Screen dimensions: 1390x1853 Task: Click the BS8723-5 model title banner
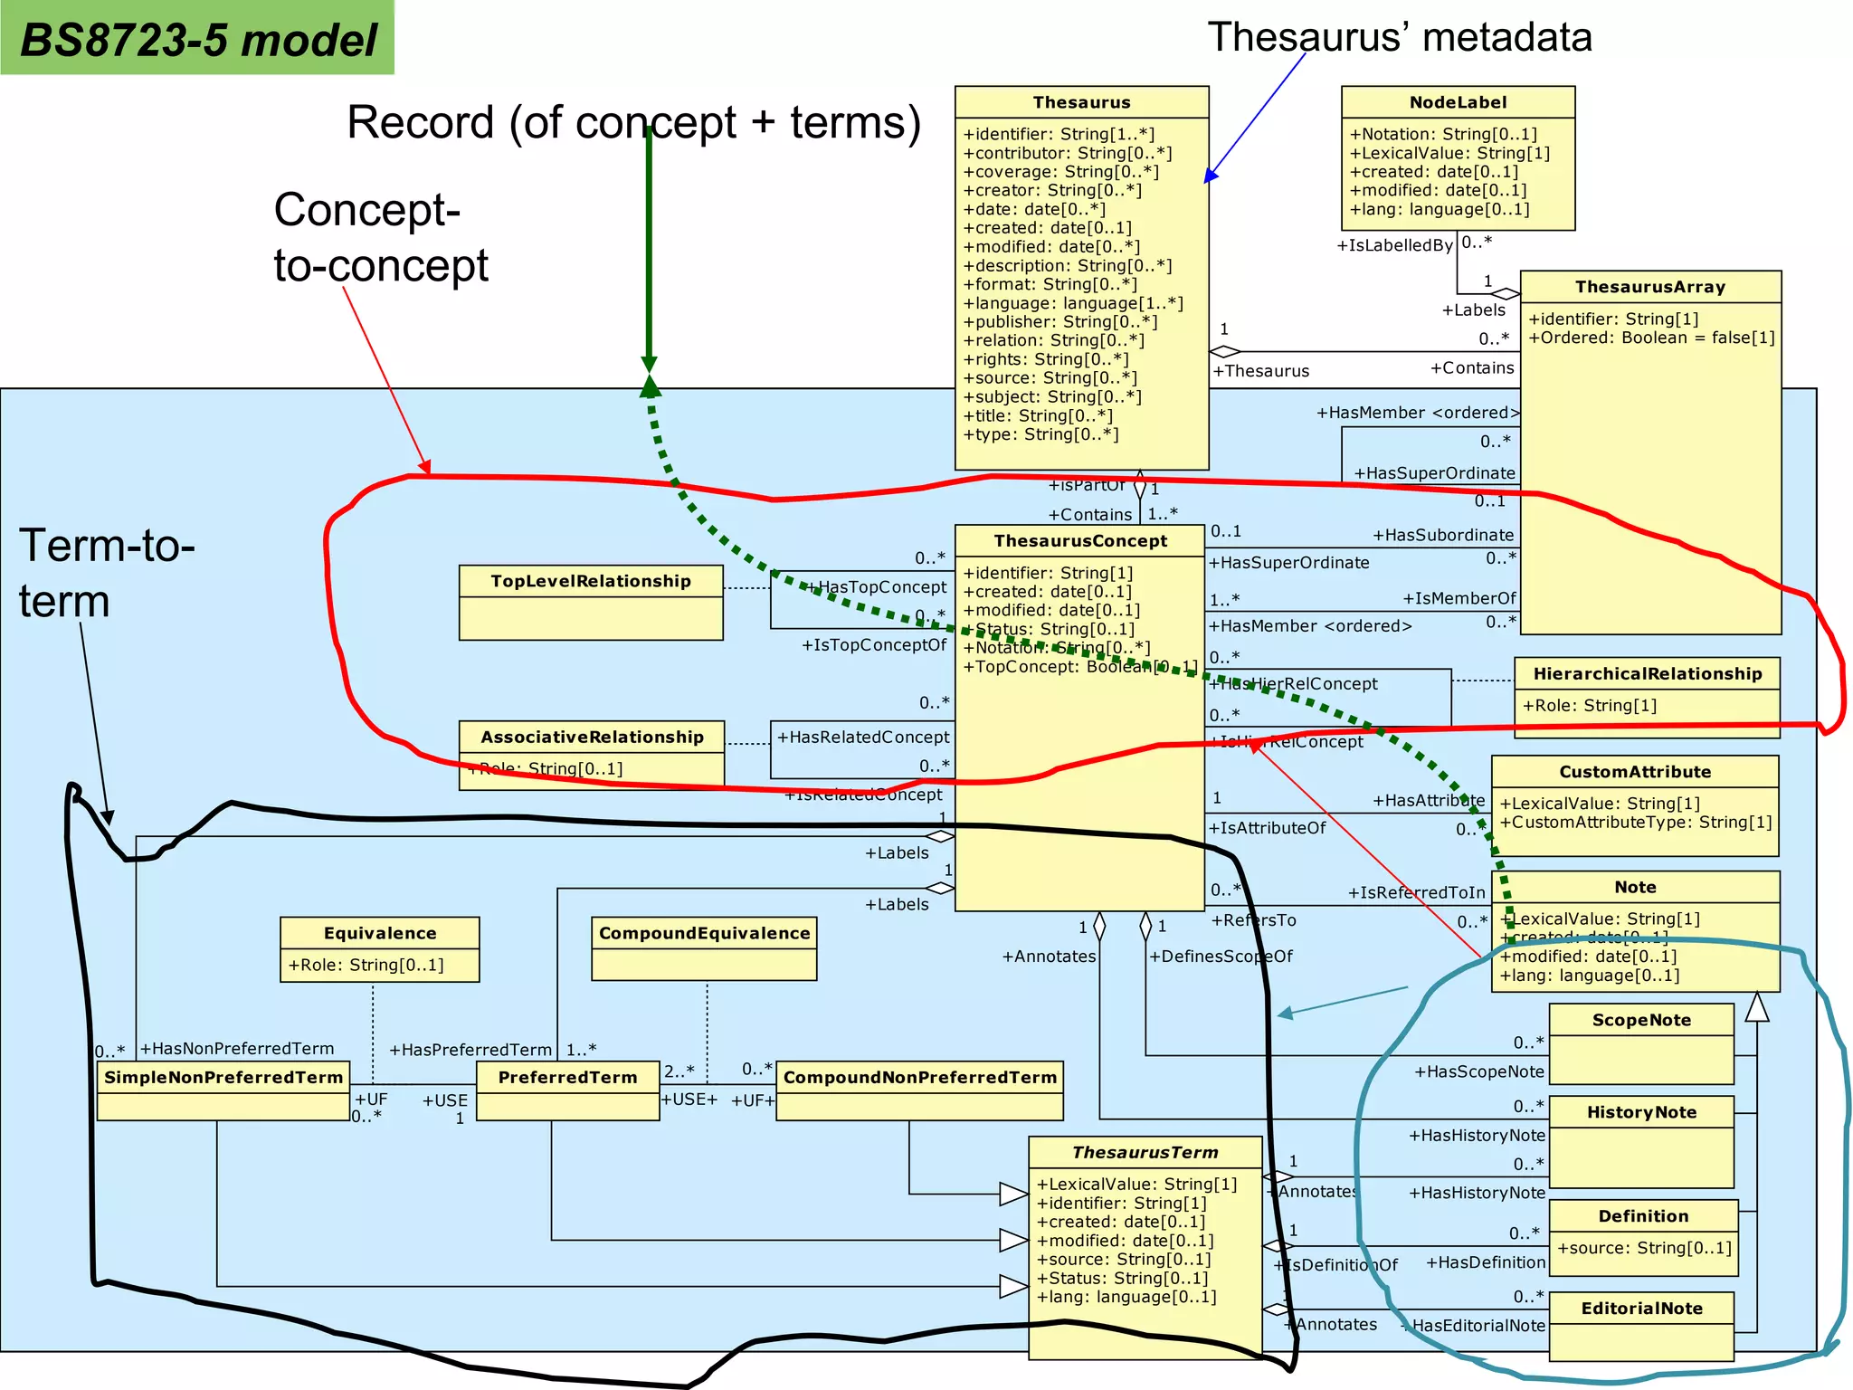197,39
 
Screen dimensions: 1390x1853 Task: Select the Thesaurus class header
1081,102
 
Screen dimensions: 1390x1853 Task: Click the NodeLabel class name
1458,102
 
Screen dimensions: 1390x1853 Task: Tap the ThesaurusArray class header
1649,287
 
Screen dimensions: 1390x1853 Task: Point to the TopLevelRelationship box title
590,581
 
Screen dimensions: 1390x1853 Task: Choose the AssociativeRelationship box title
592,737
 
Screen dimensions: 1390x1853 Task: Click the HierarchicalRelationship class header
1647,673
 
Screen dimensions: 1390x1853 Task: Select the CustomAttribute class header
1634,772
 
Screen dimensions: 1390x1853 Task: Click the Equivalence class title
379,933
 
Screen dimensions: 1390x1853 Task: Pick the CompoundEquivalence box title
704,933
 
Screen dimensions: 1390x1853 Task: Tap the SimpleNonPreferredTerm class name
223,1077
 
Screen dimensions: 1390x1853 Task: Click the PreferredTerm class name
567,1077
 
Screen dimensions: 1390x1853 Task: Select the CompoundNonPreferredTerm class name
919,1077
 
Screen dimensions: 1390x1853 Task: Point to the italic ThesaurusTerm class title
1145,1152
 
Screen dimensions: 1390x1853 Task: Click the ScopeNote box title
1640,1020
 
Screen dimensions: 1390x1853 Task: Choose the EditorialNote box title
1640,1308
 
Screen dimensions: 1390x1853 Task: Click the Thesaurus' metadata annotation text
1399,37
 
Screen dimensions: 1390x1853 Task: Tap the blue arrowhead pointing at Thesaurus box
1211,176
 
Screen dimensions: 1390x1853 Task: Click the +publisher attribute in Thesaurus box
1060,322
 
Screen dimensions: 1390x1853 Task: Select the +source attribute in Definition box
1643,1248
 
